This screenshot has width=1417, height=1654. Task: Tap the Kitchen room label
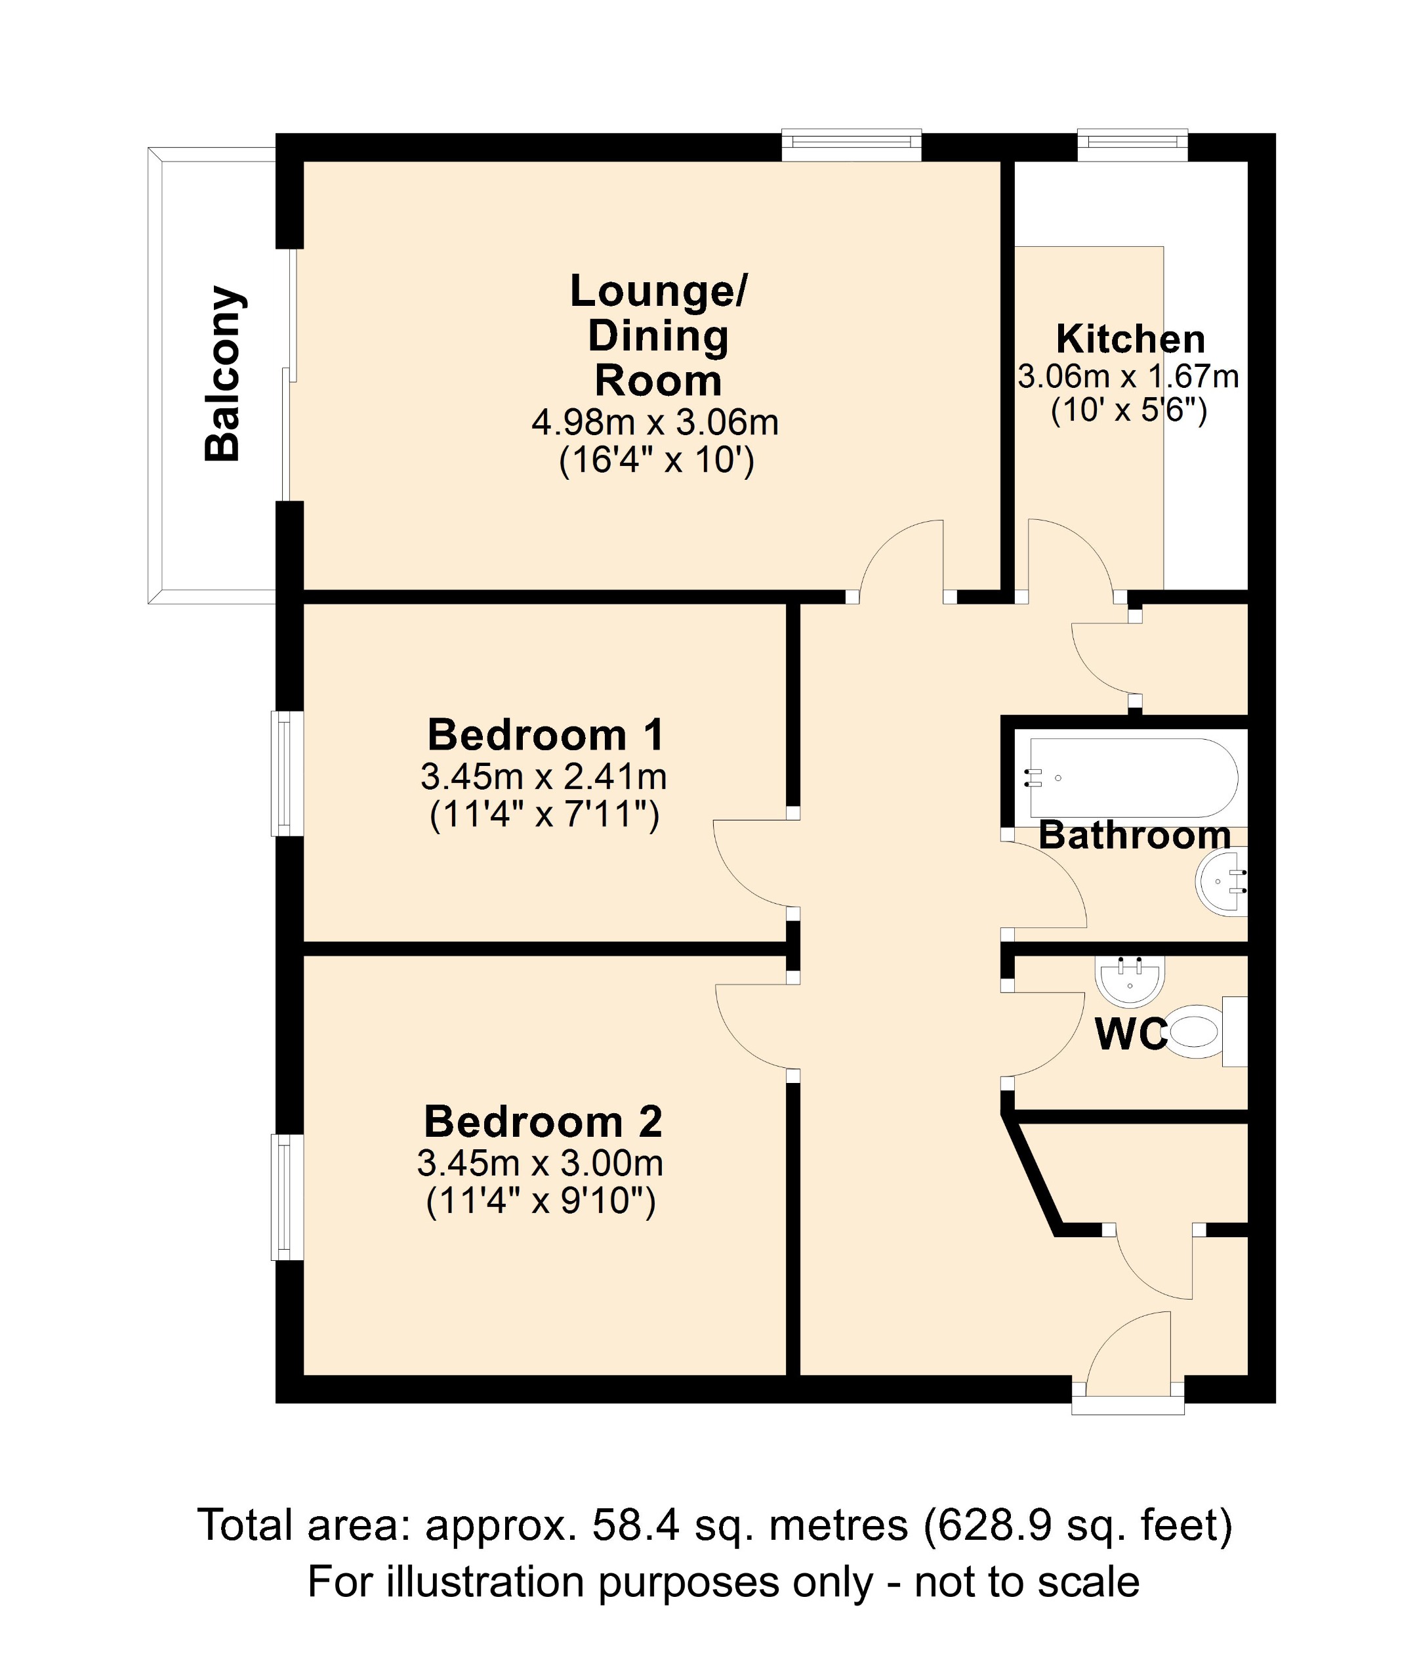[1130, 339]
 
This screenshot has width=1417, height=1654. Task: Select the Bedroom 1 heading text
[546, 735]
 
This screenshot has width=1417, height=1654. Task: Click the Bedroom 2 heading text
[543, 1122]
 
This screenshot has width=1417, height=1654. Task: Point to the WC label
[1130, 1035]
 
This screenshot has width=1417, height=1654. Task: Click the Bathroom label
[1134, 836]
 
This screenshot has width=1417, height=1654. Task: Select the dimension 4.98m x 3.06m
[655, 422]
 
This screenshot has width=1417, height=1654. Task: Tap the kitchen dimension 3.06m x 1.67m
[1128, 377]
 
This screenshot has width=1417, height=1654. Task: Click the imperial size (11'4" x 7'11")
[544, 816]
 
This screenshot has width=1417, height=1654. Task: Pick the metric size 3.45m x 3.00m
[540, 1164]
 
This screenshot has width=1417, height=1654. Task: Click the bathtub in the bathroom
[1133, 776]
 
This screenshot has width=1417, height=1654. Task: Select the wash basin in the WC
[1129, 981]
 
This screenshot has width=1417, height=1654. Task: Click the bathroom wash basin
[1222, 883]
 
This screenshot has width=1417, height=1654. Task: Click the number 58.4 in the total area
[635, 1525]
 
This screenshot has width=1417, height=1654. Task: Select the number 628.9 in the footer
[982, 1525]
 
